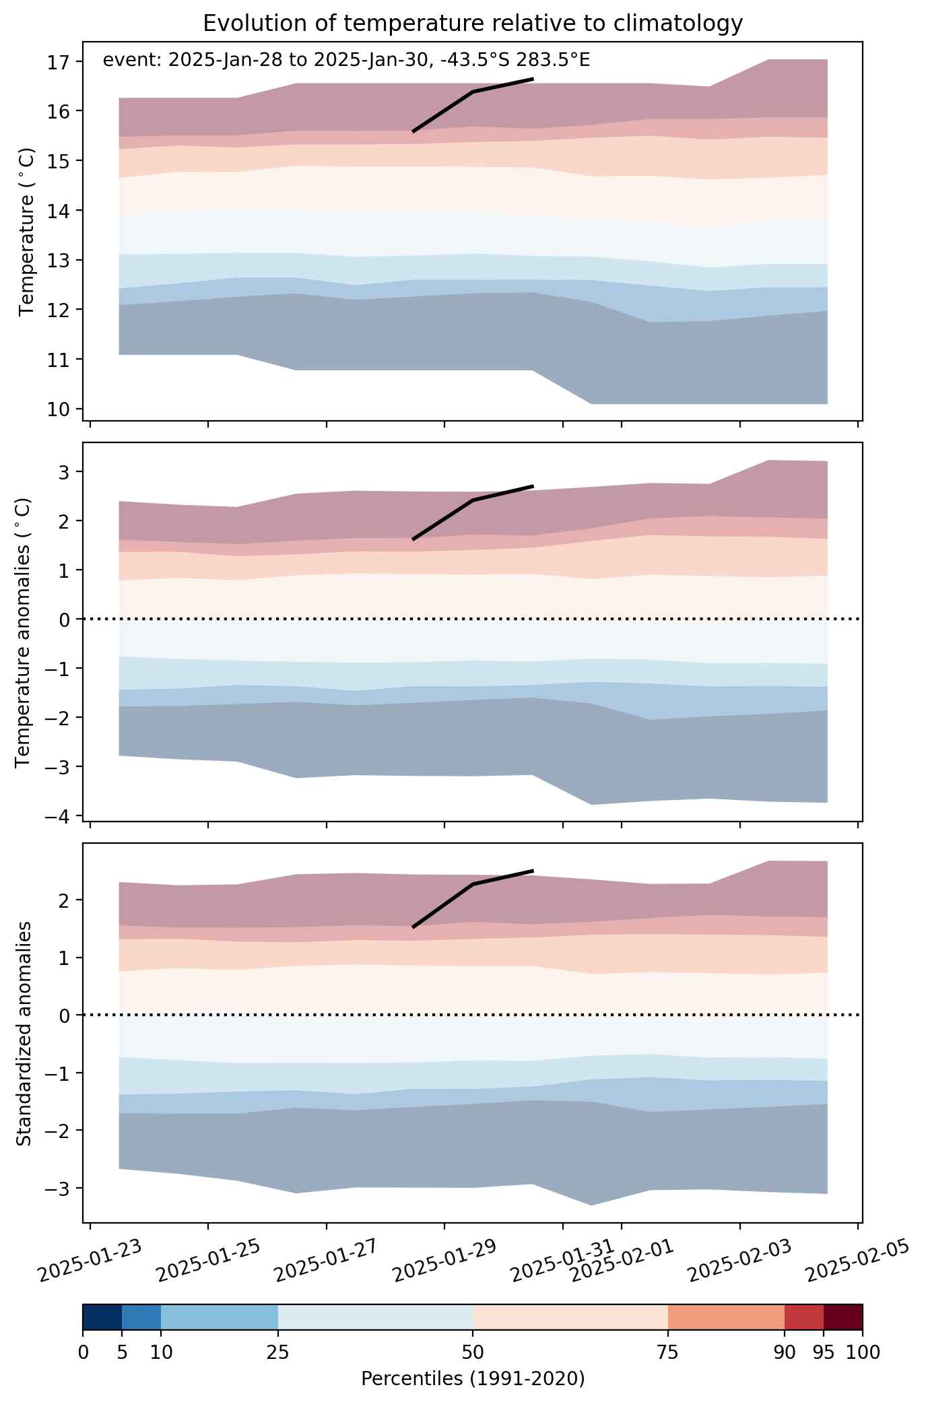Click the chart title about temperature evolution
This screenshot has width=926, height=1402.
pyautogui.click(x=473, y=24)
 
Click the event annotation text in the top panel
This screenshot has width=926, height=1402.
pyautogui.click(x=346, y=61)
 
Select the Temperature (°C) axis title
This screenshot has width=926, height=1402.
pyautogui.click(x=26, y=255)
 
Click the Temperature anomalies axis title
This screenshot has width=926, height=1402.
pyautogui.click(x=24, y=632)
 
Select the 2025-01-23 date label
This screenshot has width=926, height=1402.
pyautogui.click(x=90, y=1261)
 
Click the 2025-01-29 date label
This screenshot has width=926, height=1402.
pyautogui.click(x=444, y=1261)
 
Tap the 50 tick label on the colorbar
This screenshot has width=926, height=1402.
pyautogui.click(x=473, y=1352)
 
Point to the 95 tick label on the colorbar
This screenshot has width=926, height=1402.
pyautogui.click(x=824, y=1352)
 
